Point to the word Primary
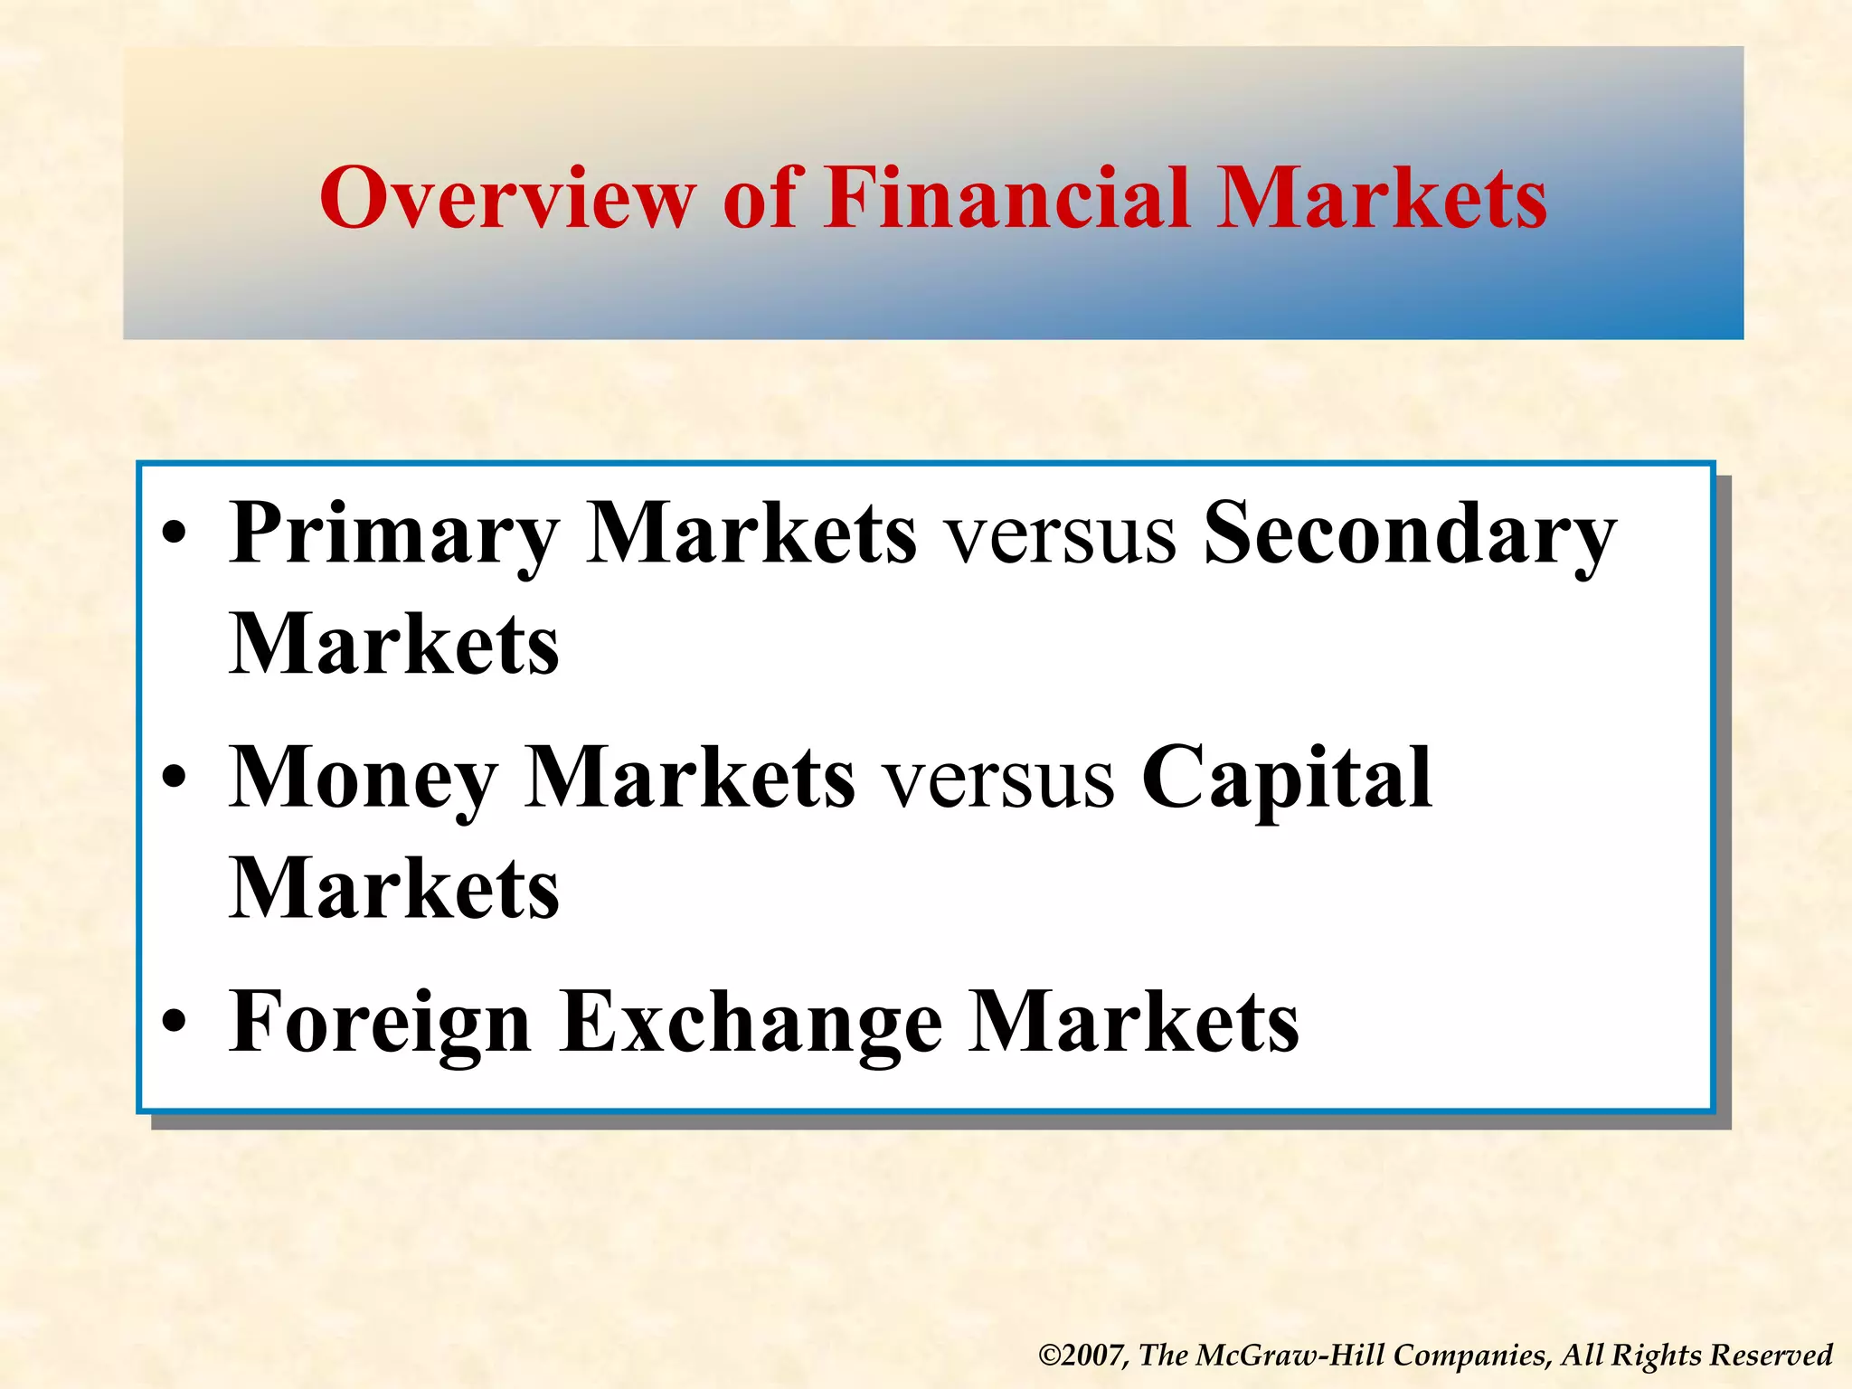pyautogui.click(x=394, y=535)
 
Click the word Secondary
pyautogui.click(x=1409, y=535)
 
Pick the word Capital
pyautogui.click(x=1286, y=780)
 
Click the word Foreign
pyautogui.click(x=380, y=1024)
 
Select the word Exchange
pyautogui.click(x=751, y=1024)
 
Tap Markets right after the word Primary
pyautogui.click(x=751, y=535)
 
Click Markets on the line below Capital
pyautogui.click(x=394, y=890)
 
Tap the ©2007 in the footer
pyautogui.click(x=1082, y=1355)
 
